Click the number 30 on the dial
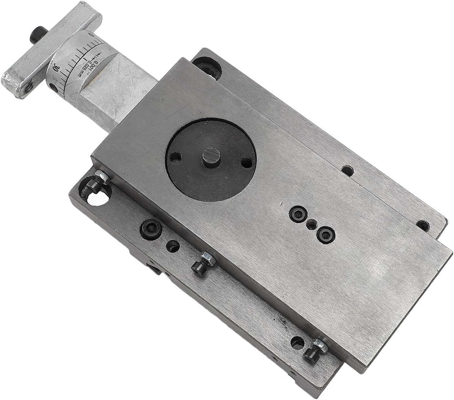coord(56,68)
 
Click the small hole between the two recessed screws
coord(311,223)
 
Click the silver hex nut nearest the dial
coord(103,176)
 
